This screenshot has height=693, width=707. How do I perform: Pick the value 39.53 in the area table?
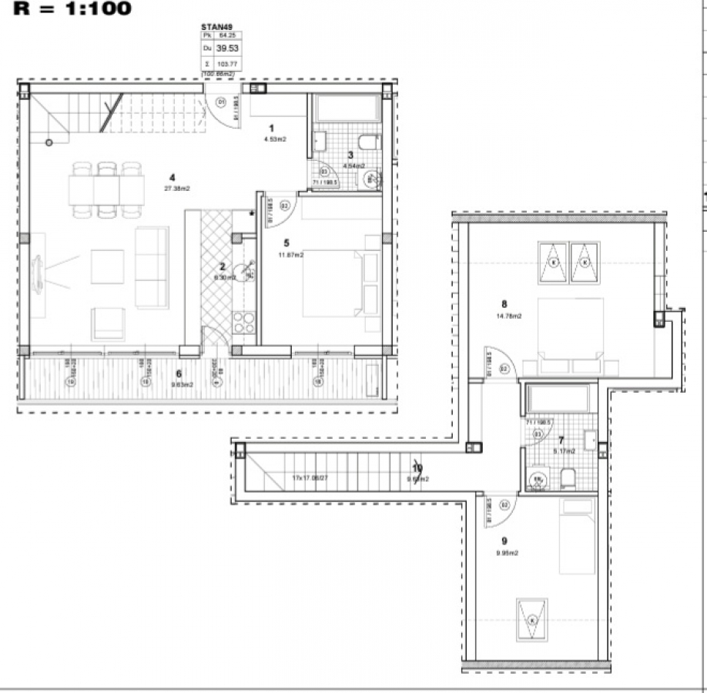point(226,48)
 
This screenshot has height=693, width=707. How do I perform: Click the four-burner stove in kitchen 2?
point(244,323)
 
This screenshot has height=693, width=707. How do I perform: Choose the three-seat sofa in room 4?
point(152,267)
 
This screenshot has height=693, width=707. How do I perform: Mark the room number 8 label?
point(503,303)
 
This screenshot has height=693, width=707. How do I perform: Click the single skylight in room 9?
point(532,618)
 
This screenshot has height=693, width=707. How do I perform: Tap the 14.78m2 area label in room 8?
point(509,316)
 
